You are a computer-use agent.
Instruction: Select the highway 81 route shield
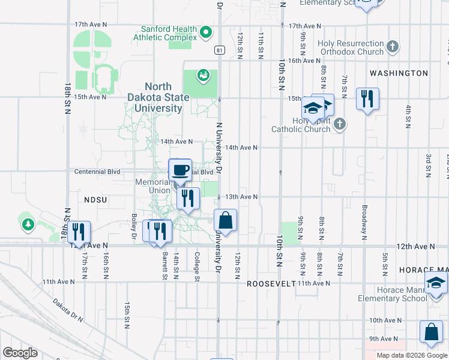[x=220, y=50]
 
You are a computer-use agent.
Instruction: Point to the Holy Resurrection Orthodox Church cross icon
[x=393, y=46]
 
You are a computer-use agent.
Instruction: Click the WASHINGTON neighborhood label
[x=399, y=73]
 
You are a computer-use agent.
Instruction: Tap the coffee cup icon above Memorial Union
[x=180, y=170]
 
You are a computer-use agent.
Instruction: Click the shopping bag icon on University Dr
[x=225, y=221]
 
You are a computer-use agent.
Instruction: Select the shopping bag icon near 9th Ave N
[x=432, y=332]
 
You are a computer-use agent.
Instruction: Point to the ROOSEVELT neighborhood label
[x=271, y=283]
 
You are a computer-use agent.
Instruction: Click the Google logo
[x=20, y=353]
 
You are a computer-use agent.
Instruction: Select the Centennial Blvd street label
[x=97, y=172]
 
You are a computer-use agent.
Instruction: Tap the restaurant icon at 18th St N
[x=78, y=232]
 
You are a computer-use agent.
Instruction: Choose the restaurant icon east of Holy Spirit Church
[x=367, y=98]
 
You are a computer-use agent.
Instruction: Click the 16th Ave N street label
[x=304, y=61]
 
